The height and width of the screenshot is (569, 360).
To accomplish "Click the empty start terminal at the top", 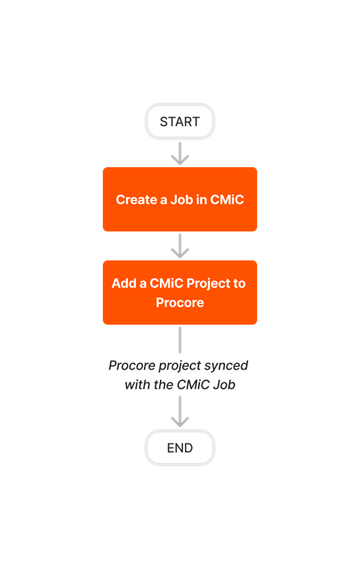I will point(180,121).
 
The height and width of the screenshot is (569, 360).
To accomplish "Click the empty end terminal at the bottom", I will point(180,448).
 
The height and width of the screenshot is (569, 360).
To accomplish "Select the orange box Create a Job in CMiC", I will point(180,199).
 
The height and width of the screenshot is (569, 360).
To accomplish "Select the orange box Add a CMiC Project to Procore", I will point(180,293).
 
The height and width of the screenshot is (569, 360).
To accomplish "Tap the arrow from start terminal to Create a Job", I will point(180,154).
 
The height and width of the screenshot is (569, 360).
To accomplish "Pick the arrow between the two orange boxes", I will point(180,246).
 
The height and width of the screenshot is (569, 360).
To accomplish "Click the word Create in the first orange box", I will point(136,200).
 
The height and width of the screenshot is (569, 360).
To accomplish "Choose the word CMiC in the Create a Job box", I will point(227,200).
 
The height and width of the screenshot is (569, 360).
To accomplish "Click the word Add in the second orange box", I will point(124,284).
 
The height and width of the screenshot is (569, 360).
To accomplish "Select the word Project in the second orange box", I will point(207,284).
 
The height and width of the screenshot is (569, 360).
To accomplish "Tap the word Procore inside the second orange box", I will point(180,303).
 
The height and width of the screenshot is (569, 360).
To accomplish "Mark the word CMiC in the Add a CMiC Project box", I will point(167,284).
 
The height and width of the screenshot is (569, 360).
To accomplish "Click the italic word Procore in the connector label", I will point(133,366).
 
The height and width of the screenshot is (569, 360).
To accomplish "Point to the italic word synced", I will point(226,366).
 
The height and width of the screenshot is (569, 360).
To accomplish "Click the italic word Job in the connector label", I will point(224,385).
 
